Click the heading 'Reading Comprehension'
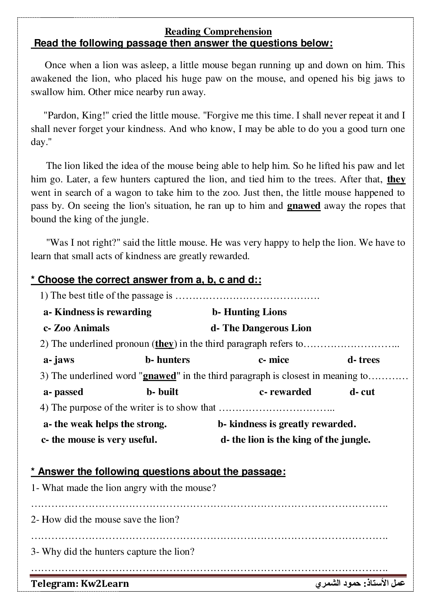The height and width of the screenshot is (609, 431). pyautogui.click(x=218, y=32)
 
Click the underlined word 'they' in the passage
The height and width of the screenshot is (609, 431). pyautogui.click(x=396, y=179)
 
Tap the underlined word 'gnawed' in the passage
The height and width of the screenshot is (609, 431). pyautogui.click(x=304, y=206)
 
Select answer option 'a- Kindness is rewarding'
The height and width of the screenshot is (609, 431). pyautogui.click(x=97, y=312)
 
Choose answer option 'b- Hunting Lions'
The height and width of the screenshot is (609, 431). pyautogui.click(x=249, y=312)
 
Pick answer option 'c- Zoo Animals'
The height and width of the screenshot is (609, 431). pyautogui.click(x=76, y=328)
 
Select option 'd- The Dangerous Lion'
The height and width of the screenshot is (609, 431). pyautogui.click(x=261, y=328)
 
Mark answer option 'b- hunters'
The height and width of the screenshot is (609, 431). pyautogui.click(x=167, y=360)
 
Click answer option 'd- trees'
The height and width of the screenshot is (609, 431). pyautogui.click(x=363, y=360)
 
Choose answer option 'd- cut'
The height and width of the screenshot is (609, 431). pyautogui.click(x=362, y=392)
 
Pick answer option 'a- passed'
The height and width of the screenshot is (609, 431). pyautogui.click(x=63, y=392)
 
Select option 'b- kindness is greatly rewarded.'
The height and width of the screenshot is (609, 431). pyautogui.click(x=287, y=424)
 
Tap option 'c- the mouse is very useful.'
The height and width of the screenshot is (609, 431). pyautogui.click(x=99, y=440)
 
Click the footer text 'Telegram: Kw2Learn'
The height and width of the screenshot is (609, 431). pyautogui.click(x=80, y=584)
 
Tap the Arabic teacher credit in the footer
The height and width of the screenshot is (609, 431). pyautogui.click(x=360, y=584)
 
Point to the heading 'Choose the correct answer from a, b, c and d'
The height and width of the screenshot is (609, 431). pyautogui.click(x=146, y=280)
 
